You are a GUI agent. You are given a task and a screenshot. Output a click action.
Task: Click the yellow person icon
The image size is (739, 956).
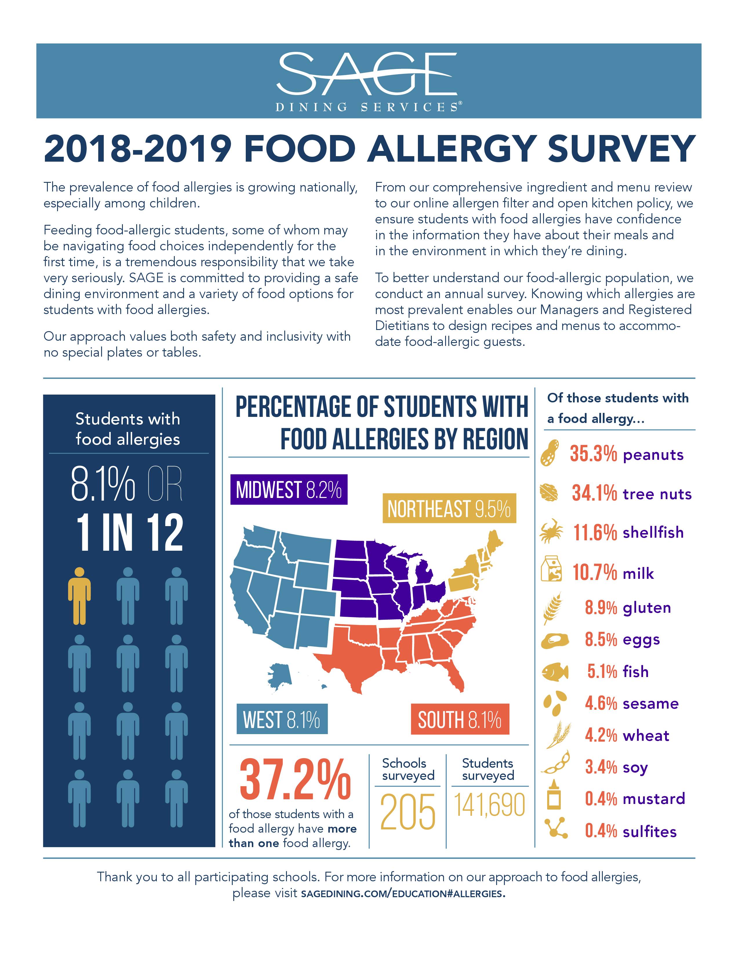point(79,596)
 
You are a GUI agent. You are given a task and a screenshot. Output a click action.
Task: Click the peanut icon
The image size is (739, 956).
point(549,453)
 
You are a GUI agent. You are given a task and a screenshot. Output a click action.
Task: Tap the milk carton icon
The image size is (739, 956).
point(551,569)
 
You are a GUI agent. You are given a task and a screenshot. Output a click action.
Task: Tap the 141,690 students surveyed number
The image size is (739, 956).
point(489,805)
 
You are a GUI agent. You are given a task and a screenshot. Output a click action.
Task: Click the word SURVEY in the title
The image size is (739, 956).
point(621,149)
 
